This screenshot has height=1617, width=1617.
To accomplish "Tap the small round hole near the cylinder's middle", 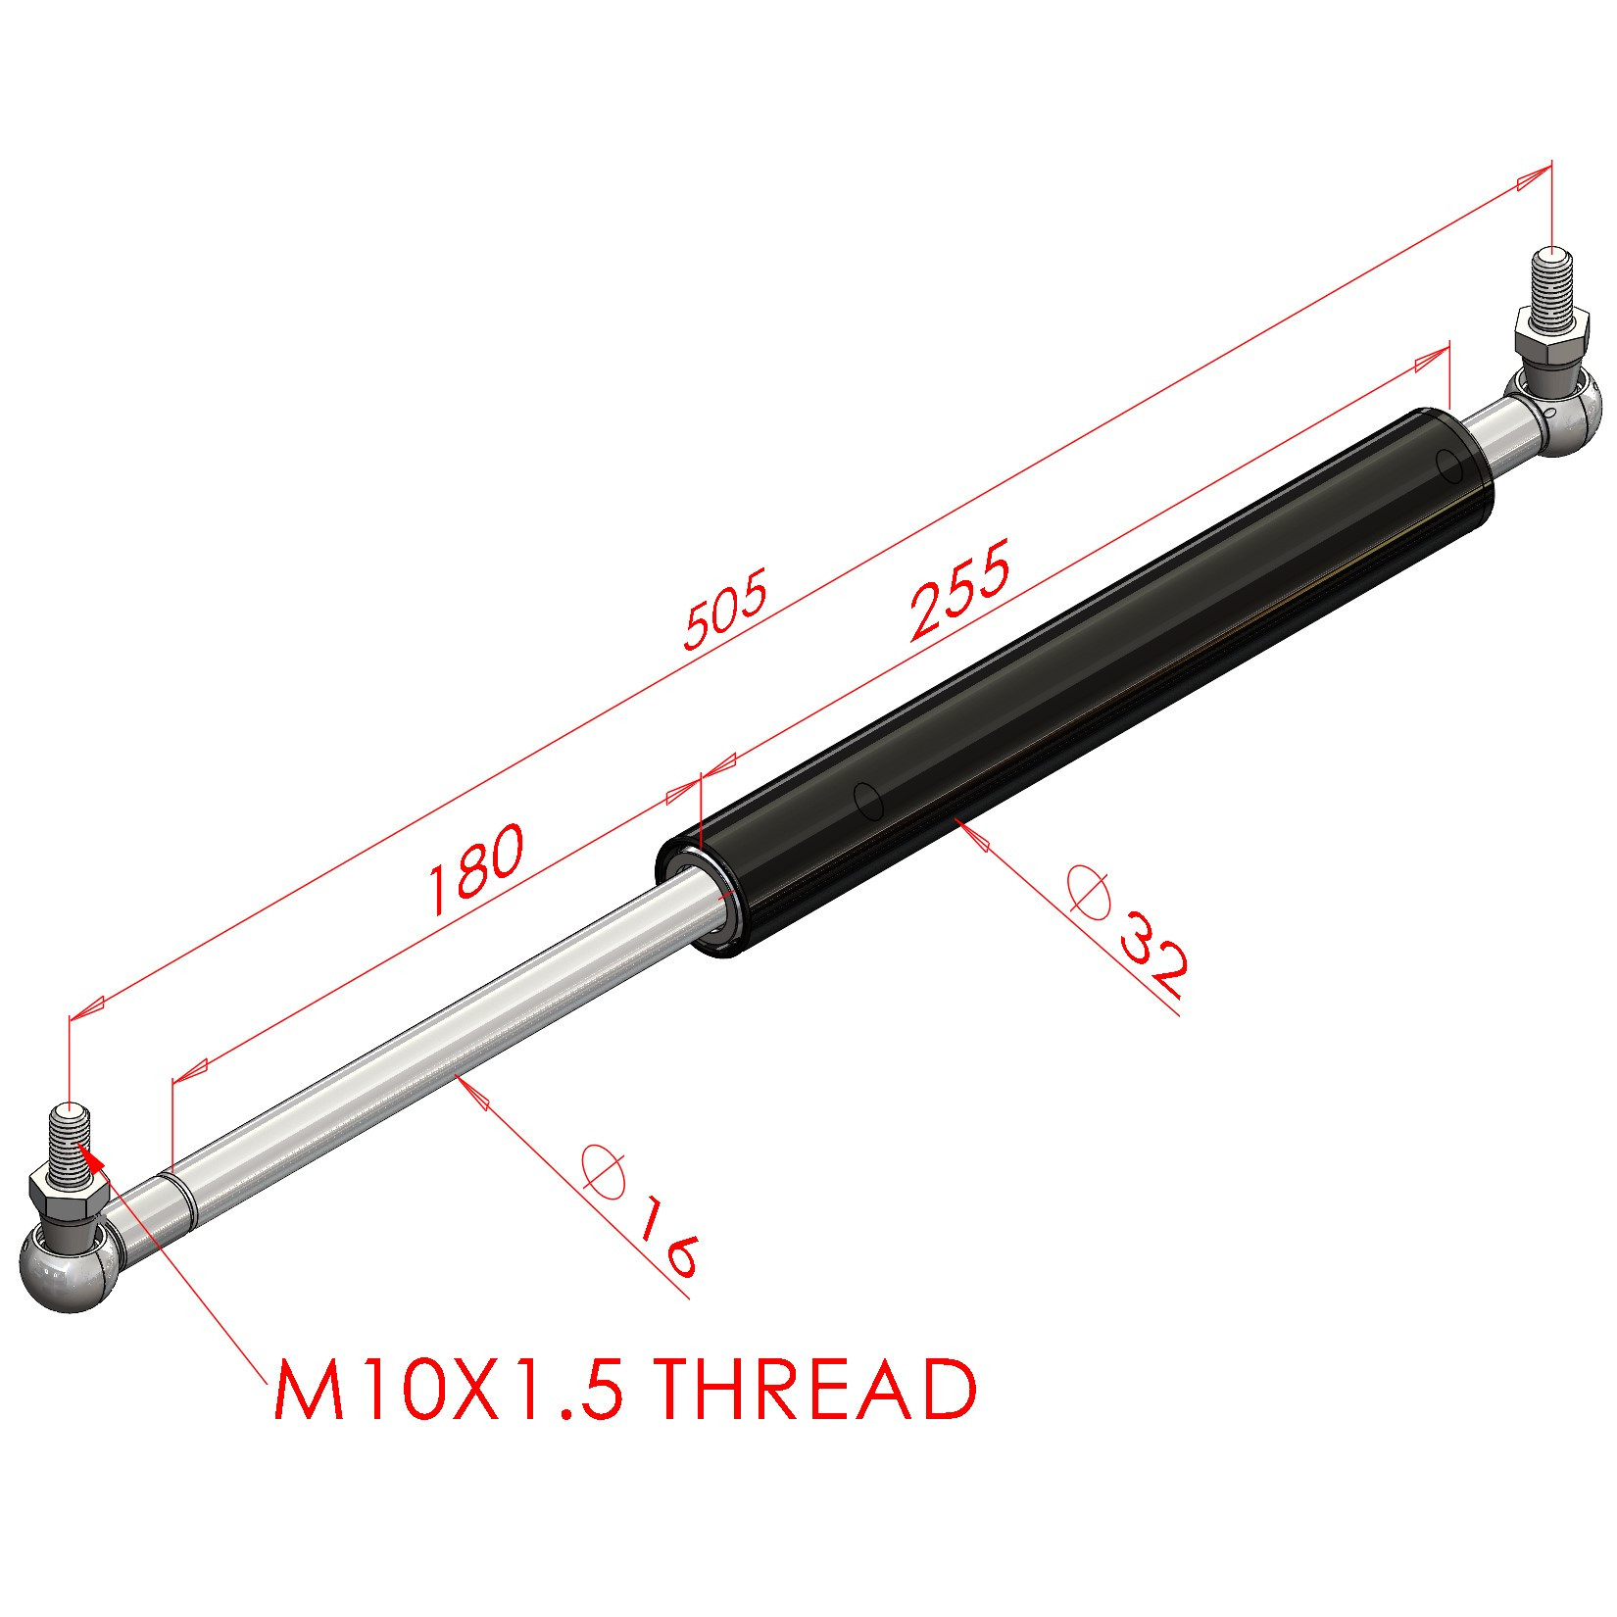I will (x=868, y=800).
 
